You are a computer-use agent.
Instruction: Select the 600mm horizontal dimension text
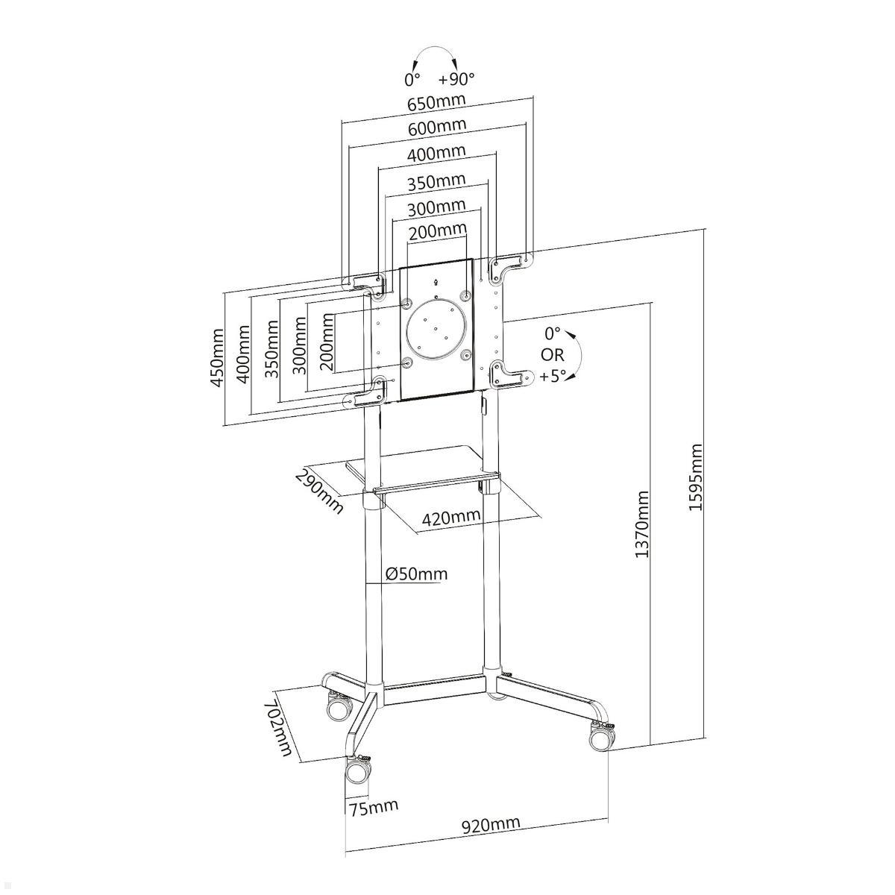click(x=436, y=126)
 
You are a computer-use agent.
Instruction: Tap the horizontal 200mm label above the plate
click(x=437, y=230)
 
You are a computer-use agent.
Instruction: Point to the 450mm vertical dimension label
click(x=216, y=357)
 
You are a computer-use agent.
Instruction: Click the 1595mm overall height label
click(x=695, y=477)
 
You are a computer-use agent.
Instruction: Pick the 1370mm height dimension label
click(x=641, y=524)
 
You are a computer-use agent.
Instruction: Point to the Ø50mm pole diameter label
click(x=417, y=574)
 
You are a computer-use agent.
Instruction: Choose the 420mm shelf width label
click(x=450, y=517)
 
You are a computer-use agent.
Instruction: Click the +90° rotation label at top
click(x=456, y=78)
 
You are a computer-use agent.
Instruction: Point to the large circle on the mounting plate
click(x=436, y=329)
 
